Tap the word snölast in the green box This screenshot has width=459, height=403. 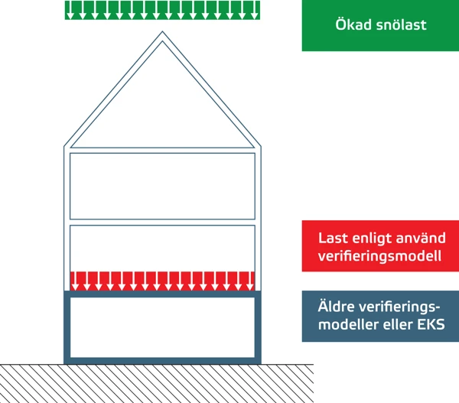[399, 25]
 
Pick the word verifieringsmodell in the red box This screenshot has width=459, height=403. [379, 256]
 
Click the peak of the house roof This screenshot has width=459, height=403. [162, 34]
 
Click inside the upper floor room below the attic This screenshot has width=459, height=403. [162, 186]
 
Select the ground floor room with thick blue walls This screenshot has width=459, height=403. [162, 327]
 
